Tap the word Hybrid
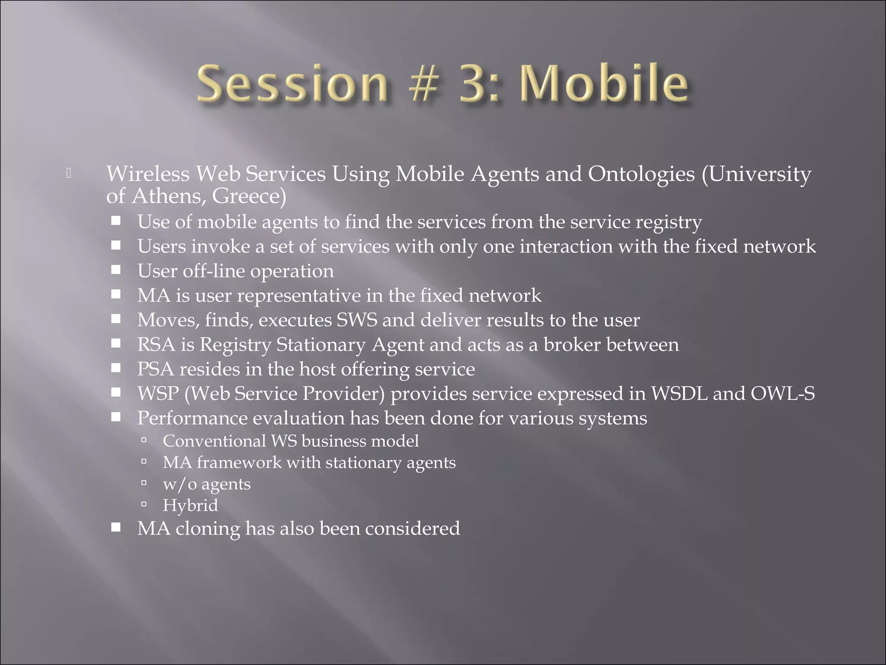point(190,505)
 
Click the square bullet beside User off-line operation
point(116,270)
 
